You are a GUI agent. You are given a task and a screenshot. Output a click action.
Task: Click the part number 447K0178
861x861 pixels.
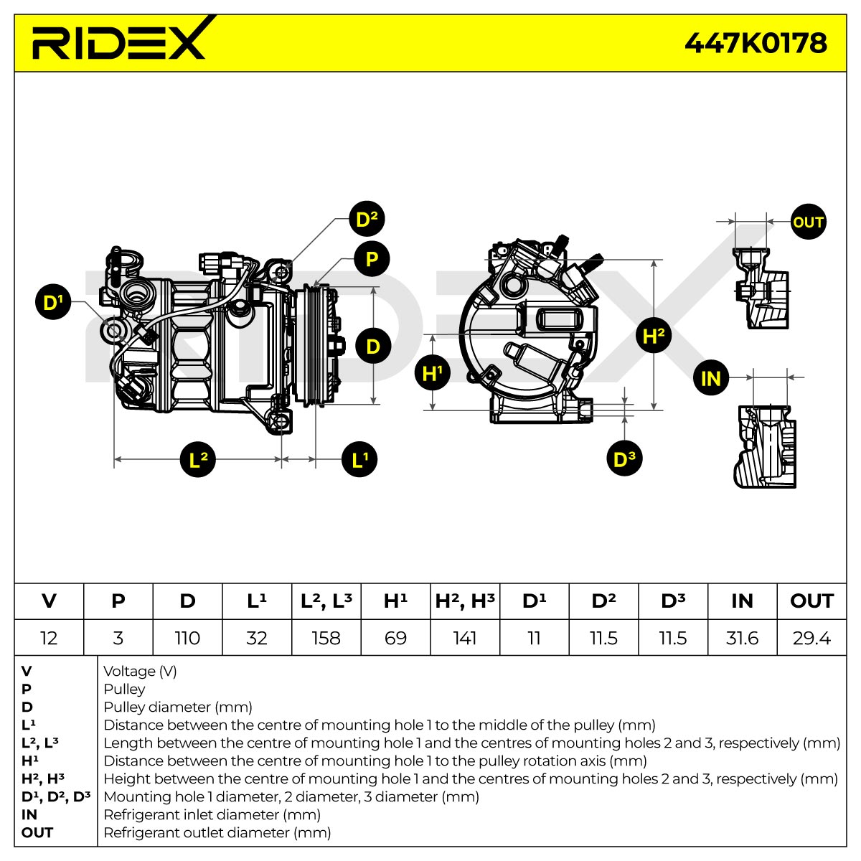756,43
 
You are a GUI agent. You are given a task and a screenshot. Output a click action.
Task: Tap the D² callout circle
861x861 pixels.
367,219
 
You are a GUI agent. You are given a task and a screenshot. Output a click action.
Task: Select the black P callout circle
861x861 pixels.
372,259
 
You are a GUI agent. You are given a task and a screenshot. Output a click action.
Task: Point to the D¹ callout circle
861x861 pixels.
53,302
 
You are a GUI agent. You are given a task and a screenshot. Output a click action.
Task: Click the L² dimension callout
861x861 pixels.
198,459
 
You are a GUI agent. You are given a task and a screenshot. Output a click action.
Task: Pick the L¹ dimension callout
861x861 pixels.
359,459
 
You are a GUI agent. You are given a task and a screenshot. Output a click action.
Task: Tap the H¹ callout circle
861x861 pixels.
432,373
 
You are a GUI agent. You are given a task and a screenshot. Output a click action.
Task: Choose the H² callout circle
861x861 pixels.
654,335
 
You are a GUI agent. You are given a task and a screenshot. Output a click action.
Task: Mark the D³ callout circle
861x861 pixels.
625,458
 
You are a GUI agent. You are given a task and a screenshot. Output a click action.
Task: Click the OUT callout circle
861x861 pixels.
809,222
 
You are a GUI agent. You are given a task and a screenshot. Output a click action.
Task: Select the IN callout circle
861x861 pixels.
711,378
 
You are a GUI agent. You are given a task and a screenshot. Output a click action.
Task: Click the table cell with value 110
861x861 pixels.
188,638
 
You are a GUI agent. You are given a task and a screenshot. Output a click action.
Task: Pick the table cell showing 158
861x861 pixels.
326,638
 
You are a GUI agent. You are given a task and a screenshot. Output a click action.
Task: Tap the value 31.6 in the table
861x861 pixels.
742,638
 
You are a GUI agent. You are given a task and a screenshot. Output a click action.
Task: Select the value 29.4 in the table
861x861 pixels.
811,638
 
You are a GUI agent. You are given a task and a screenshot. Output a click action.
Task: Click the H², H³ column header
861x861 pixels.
465,601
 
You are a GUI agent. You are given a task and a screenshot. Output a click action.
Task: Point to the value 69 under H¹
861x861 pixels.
395,638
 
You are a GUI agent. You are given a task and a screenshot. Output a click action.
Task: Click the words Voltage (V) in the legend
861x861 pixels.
141,671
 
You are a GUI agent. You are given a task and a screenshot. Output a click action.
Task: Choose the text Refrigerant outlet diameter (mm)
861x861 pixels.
217,832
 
